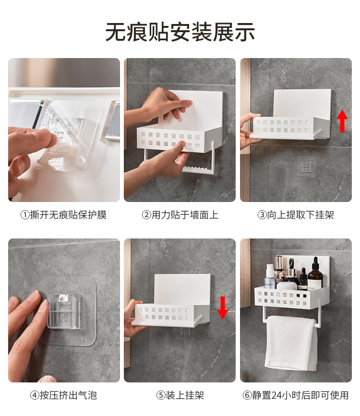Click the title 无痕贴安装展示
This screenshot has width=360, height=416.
click(x=180, y=32)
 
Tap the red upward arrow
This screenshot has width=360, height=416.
click(x=342, y=121)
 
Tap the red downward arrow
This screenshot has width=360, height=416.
click(x=223, y=308)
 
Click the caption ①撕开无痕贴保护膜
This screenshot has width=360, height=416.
click(x=64, y=215)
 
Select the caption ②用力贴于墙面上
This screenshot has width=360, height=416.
click(x=180, y=215)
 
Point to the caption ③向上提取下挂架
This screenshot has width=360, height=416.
click(x=296, y=215)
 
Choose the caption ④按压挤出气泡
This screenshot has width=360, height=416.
click(x=64, y=395)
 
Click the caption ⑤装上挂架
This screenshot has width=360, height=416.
click(x=180, y=395)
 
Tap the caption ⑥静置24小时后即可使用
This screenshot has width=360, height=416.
click(x=296, y=395)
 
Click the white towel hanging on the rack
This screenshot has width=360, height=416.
click(x=291, y=343)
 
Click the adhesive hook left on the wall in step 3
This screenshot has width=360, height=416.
click(x=307, y=167)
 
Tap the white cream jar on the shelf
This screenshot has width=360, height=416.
click(x=287, y=286)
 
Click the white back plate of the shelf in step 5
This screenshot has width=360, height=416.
click(x=182, y=289)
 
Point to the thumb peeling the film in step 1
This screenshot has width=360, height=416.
click(x=29, y=136)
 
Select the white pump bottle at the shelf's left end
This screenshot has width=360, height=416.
click(x=269, y=276)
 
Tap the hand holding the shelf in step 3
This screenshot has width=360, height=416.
click(x=248, y=131)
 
